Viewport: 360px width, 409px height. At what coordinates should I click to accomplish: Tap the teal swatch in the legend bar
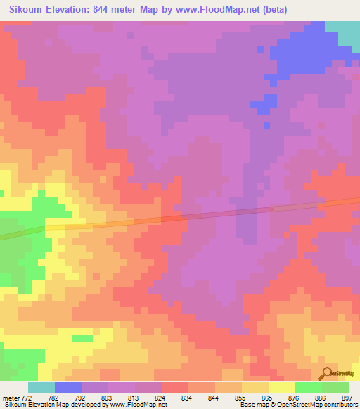coord(41,387)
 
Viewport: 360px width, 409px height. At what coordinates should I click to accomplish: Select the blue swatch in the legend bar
coord(68,387)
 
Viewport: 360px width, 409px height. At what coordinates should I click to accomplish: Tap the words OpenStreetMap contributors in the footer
coord(314,405)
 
